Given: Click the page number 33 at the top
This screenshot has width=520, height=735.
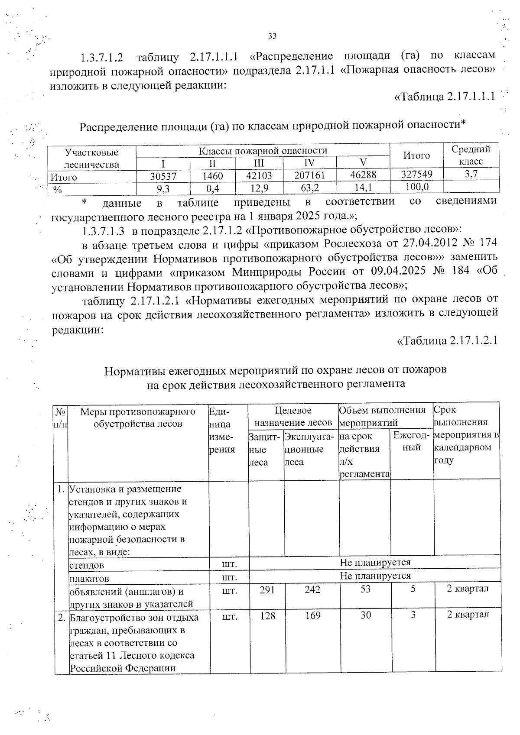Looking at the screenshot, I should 272,36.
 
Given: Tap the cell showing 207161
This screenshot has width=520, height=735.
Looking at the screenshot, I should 309,175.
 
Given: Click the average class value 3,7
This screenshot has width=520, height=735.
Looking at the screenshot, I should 471,174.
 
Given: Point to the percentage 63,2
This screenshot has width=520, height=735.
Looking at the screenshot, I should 309,188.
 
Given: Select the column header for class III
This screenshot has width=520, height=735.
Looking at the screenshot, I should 259,163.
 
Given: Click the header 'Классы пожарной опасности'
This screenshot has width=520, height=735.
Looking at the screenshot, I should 263,151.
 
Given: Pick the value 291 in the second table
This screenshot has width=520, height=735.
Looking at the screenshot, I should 267,589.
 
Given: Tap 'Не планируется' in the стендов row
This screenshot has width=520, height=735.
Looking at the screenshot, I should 375,563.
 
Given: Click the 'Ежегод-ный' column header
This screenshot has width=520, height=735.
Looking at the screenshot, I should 411,441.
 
